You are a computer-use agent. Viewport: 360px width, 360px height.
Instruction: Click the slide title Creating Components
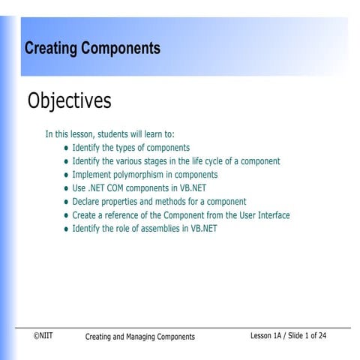click(92, 49)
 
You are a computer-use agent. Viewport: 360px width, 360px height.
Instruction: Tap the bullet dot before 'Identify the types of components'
click(66, 148)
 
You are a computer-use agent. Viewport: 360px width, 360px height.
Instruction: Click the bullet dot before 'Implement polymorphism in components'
click(66, 175)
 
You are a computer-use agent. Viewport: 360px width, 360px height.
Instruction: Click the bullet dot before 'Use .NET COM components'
click(66, 189)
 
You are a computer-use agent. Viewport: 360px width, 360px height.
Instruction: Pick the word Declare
click(86, 202)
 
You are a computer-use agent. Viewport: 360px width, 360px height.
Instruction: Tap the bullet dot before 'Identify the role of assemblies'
click(66, 229)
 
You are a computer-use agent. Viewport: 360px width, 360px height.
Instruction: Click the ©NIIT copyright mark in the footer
click(43, 336)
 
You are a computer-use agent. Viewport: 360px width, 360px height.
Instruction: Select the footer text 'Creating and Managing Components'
click(139, 337)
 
